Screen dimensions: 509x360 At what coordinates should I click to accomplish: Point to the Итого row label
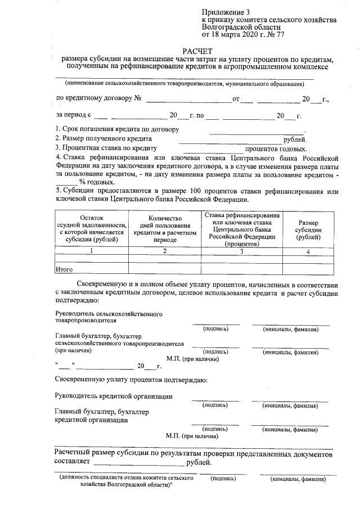coord(65,270)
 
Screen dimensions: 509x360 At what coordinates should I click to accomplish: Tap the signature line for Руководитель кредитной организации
coord(215,400)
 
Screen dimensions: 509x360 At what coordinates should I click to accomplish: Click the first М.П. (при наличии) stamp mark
coord(192,358)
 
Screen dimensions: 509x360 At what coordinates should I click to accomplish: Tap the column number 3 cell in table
coord(242,251)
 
